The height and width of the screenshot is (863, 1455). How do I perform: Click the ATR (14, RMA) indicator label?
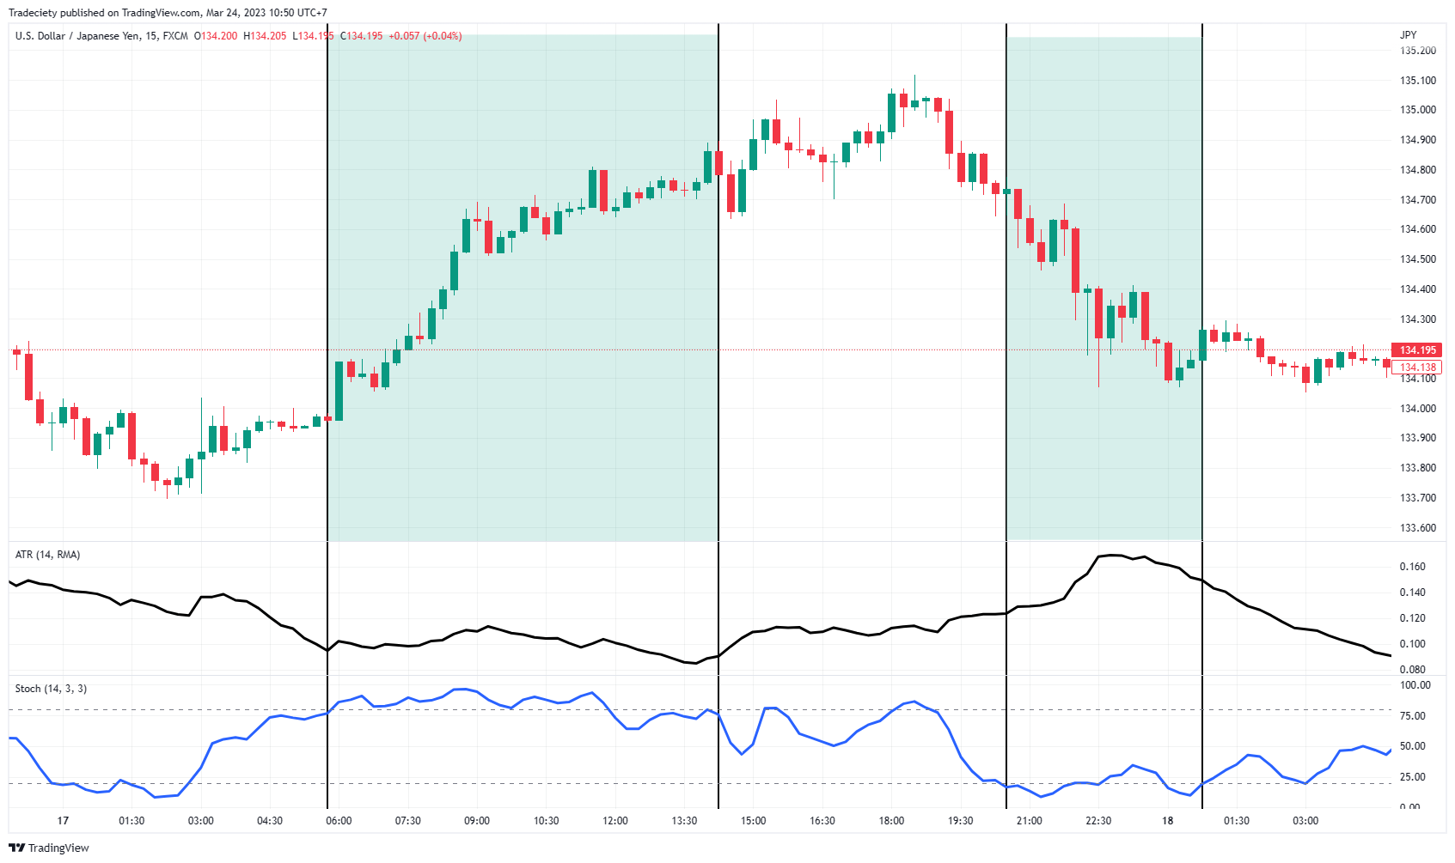[x=47, y=555]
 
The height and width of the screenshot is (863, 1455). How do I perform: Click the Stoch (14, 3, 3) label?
[x=51, y=689]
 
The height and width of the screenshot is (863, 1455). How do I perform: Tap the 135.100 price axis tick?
[x=1417, y=81]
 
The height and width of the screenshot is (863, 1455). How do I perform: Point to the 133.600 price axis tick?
[x=1417, y=528]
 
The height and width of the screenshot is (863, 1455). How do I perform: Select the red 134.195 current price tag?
[x=1417, y=350]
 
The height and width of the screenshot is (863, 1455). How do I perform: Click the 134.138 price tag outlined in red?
[x=1417, y=368]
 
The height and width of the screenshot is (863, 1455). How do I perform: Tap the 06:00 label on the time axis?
[x=339, y=821]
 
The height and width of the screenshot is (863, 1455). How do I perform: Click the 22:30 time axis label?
[x=1098, y=821]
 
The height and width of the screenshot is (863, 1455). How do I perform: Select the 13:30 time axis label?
[x=684, y=821]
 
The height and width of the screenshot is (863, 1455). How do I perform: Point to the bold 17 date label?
[x=63, y=821]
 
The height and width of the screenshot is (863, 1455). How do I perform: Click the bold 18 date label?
[x=1167, y=821]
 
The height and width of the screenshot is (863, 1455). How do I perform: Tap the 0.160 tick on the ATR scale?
[x=1412, y=567]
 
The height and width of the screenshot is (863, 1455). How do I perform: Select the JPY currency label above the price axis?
[x=1408, y=35]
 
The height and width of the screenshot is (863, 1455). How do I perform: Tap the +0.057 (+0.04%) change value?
[x=425, y=36]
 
